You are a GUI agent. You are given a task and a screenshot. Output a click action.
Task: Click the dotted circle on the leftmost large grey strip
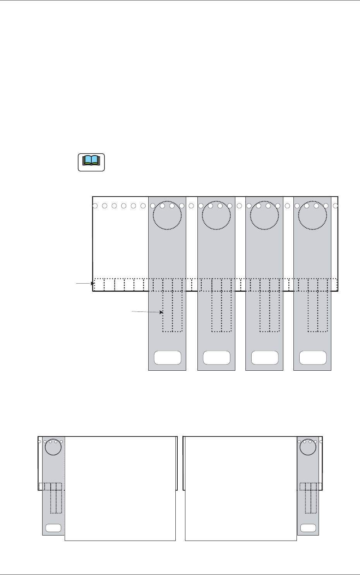(x=167, y=215)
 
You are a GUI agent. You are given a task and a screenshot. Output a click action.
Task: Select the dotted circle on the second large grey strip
(x=216, y=215)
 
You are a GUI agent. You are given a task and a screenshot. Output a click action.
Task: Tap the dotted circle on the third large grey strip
(x=264, y=215)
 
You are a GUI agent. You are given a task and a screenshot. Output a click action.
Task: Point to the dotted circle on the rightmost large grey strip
(x=312, y=215)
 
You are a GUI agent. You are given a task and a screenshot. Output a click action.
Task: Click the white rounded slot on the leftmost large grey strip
(x=168, y=358)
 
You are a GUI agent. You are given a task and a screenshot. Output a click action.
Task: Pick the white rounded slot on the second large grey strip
(x=216, y=358)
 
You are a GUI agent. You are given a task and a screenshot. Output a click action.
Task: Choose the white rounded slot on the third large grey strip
(x=265, y=358)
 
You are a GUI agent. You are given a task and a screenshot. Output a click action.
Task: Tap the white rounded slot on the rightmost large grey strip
(x=313, y=358)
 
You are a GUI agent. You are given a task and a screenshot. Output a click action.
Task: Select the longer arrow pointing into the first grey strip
(x=147, y=311)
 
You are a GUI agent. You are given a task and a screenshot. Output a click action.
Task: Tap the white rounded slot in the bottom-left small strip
(x=53, y=528)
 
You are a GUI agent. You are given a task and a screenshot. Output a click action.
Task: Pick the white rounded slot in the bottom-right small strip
(x=308, y=528)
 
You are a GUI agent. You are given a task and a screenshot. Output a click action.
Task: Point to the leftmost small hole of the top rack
(x=95, y=206)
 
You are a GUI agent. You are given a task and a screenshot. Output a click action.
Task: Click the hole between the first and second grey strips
(x=191, y=206)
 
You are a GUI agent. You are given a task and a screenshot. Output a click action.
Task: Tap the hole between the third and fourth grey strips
(x=287, y=206)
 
